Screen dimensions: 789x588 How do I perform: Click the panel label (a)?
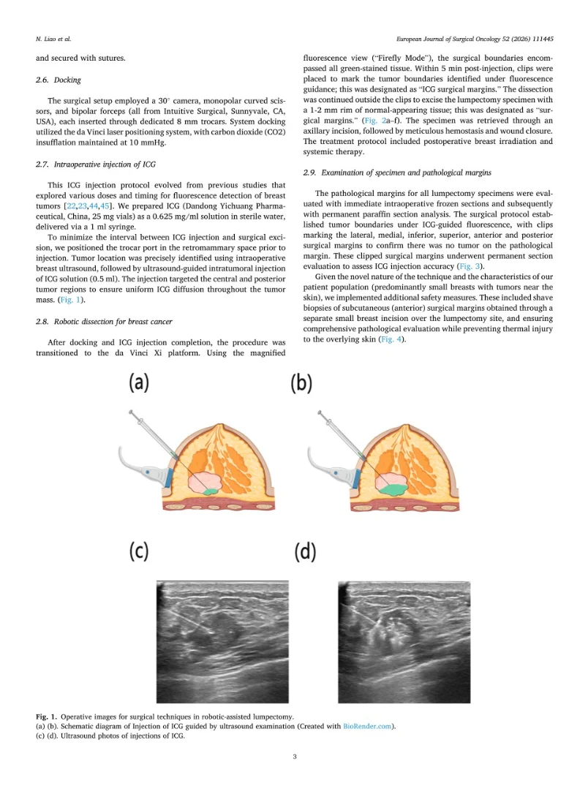pyautogui.click(x=139, y=382)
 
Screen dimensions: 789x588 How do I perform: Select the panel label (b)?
pyautogui.click(x=301, y=382)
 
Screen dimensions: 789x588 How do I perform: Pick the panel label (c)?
pyautogui.click(x=139, y=551)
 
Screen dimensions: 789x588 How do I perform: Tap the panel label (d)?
pyautogui.click(x=304, y=552)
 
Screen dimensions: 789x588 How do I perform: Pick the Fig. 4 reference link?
pyautogui.click(x=390, y=339)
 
